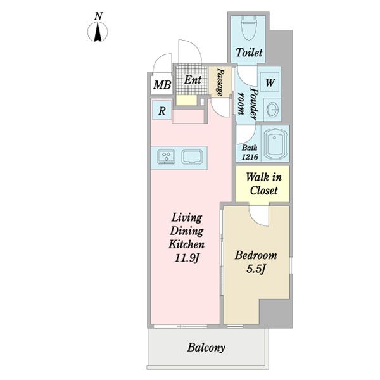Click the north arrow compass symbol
(x=98, y=32)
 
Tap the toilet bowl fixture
(x=249, y=28)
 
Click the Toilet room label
(x=249, y=53)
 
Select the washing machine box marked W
(x=270, y=82)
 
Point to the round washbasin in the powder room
(x=273, y=110)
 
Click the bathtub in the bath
(x=275, y=144)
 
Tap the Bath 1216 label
(x=250, y=153)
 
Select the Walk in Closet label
(x=263, y=184)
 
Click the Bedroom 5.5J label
(x=256, y=262)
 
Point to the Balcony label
(x=206, y=347)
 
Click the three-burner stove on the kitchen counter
(x=166, y=157)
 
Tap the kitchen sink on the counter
(x=192, y=157)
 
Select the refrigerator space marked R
(x=162, y=111)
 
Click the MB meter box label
(x=162, y=85)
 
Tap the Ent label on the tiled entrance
(x=193, y=80)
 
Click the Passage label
(x=220, y=82)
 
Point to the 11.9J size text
(x=187, y=258)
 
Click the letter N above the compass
(x=98, y=16)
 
